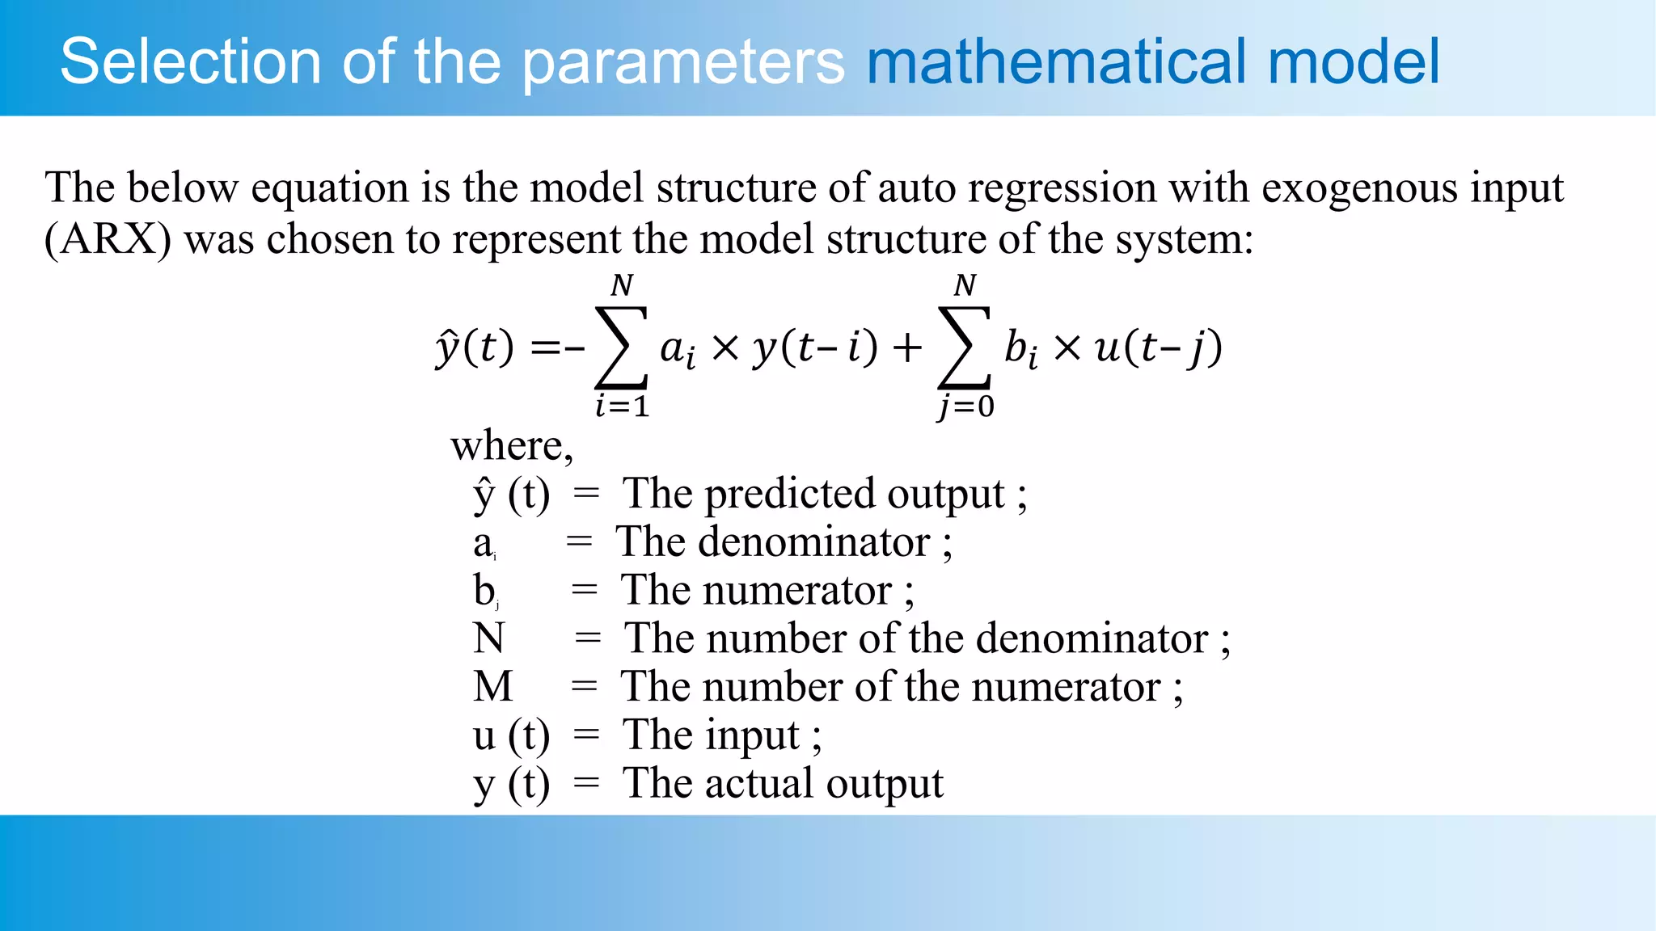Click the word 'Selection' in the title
[x=191, y=61]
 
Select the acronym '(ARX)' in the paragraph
[x=108, y=239]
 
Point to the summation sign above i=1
[x=621, y=348]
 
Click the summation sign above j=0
[x=964, y=348]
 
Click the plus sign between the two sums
[x=907, y=348]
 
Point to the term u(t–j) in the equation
[x=1158, y=348]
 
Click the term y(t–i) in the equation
[x=815, y=348]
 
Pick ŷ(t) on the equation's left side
[x=475, y=348]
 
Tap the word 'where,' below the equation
[x=512, y=445]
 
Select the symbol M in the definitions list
[x=493, y=687]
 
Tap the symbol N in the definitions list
[x=489, y=638]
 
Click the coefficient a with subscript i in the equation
[x=677, y=350]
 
